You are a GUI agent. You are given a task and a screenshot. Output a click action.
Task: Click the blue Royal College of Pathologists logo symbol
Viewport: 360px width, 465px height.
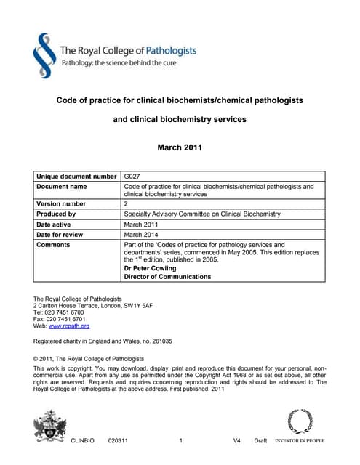[45, 56]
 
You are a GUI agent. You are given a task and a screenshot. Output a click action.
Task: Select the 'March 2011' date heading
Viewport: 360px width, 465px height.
[180, 148]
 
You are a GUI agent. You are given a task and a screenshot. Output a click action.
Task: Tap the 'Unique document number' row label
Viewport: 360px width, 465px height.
[76, 177]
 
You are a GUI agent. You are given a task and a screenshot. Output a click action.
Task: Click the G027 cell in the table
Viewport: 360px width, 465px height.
[132, 177]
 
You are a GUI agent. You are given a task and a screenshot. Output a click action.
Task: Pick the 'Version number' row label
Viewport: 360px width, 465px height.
[61, 204]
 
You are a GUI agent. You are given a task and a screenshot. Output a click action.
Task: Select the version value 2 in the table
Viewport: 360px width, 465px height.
[127, 204]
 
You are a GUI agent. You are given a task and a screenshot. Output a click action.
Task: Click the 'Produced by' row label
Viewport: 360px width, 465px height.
[56, 214]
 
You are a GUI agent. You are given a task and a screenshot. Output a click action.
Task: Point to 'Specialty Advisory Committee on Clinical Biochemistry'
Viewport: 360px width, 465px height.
[202, 214]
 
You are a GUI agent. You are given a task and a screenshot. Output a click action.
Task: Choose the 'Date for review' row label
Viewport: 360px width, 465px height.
[62, 235]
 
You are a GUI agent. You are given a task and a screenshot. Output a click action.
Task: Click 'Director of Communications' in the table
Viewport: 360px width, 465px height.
[167, 277]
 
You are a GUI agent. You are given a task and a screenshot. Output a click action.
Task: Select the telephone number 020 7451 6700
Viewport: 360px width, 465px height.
[65, 312]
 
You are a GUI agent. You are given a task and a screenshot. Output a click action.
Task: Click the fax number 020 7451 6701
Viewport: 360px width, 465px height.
[66, 319]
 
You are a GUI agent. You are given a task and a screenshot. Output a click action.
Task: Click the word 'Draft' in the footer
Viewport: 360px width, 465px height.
[260, 441]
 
